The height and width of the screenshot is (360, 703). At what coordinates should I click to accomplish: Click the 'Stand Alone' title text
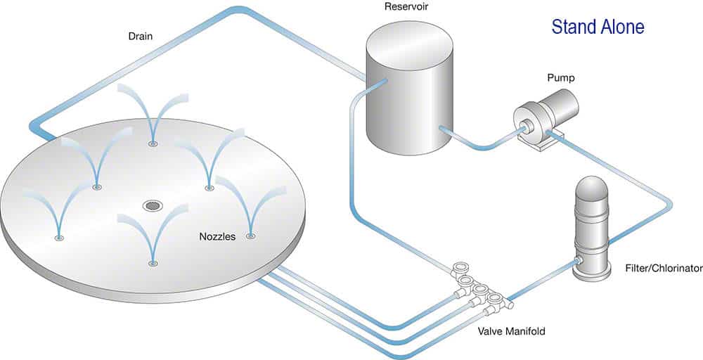point(598,27)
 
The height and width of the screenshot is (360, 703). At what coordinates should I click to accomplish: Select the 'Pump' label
point(562,78)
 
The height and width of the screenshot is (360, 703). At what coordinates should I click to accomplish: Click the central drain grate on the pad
point(152,205)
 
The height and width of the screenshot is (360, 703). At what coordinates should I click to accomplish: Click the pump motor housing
point(558,105)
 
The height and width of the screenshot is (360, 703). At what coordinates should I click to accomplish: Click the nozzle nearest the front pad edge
point(153,264)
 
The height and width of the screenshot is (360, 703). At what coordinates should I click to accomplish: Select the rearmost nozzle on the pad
point(153,143)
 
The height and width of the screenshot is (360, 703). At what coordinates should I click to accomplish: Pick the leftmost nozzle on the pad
point(58,238)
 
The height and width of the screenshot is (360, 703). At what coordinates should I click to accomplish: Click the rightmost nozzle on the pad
point(250,237)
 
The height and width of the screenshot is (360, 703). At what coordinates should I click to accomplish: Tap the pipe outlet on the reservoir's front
point(441,128)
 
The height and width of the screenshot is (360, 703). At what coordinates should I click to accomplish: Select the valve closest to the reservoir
point(461,268)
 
